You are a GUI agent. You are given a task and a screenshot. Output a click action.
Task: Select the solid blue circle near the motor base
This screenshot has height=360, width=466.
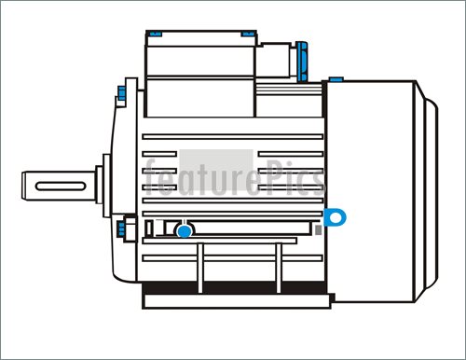(185, 230)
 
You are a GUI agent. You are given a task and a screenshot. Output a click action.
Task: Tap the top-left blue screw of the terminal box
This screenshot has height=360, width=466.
(155, 35)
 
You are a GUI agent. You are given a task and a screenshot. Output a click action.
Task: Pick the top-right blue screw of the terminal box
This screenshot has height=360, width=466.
(249, 35)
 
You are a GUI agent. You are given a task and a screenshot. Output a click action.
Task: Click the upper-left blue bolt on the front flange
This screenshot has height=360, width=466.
(122, 92)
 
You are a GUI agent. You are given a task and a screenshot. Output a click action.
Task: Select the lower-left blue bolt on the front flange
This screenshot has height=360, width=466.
(121, 227)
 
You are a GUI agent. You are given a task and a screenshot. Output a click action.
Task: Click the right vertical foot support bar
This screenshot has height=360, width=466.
(277, 266)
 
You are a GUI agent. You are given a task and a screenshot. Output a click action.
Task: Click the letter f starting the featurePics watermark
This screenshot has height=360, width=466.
(152, 177)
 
